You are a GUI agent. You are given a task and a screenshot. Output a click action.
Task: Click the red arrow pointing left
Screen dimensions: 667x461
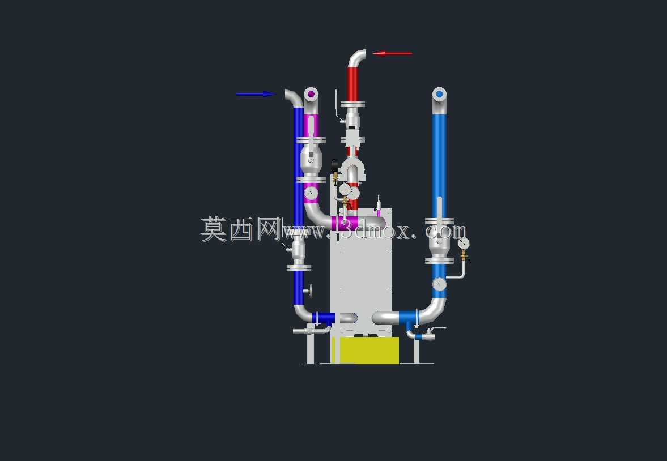pyautogui.click(x=392, y=54)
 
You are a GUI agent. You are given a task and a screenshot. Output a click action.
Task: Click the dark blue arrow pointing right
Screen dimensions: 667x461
pyautogui.click(x=256, y=94)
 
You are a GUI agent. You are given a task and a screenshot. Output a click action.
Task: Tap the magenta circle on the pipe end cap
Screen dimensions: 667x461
pyautogui.click(x=311, y=94)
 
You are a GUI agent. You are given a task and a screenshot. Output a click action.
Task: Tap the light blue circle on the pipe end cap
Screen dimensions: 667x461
pyautogui.click(x=439, y=94)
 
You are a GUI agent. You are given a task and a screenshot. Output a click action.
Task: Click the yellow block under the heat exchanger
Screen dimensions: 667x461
pyautogui.click(x=366, y=351)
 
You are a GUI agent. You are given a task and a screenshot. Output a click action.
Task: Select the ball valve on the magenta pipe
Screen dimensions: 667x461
pyautogui.click(x=311, y=160)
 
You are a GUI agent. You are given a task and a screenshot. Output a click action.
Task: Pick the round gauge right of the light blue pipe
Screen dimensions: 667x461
pyautogui.click(x=464, y=244)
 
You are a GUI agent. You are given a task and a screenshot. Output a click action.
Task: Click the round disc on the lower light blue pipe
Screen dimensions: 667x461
pyautogui.click(x=439, y=284)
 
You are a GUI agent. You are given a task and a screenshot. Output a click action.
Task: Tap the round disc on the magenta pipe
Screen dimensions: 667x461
pyautogui.click(x=311, y=194)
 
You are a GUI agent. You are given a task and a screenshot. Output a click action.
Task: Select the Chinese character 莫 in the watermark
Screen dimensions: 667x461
pyautogui.click(x=213, y=229)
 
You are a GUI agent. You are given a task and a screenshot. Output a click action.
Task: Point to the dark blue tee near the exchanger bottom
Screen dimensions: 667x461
pyautogui.click(x=324, y=318)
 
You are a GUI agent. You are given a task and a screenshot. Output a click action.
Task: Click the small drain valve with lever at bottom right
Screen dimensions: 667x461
pyautogui.click(x=426, y=334)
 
